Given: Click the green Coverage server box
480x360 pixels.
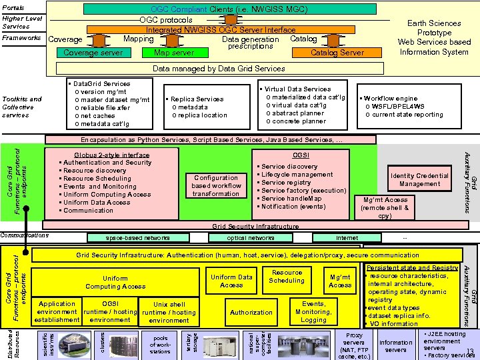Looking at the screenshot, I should (93, 53).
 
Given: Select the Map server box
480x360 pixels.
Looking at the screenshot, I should (174, 53).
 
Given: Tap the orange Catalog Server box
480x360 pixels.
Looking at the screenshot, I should (337, 53).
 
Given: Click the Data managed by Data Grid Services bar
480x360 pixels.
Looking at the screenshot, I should (219, 69).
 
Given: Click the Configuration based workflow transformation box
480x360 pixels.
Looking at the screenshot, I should (216, 186).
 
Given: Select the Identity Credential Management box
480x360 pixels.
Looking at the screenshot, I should (419, 180).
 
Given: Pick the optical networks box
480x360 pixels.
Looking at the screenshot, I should (250, 237).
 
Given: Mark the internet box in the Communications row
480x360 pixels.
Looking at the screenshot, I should (347, 237).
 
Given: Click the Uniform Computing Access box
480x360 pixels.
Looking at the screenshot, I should (115, 283).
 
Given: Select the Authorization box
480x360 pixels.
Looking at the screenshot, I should (251, 312).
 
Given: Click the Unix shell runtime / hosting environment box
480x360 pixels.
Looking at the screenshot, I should (169, 312).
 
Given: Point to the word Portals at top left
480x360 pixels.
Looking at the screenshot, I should (14, 7).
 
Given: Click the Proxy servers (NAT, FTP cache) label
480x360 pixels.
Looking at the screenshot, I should (354, 346).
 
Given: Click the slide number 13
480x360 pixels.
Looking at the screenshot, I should (470, 352).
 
